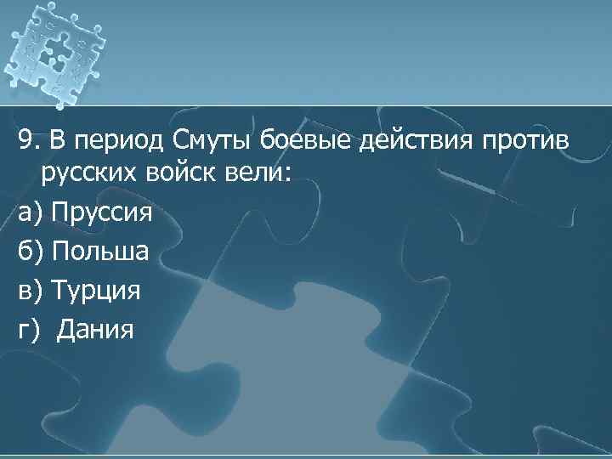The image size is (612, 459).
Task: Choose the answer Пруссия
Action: tap(101, 212)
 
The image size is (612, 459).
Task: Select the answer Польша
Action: tap(100, 250)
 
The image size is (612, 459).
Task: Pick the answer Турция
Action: tap(96, 290)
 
